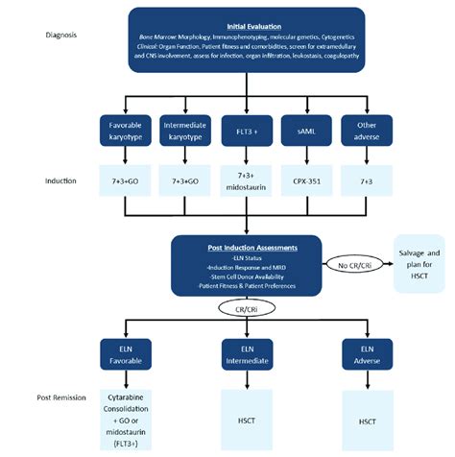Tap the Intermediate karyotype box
(x=184, y=132)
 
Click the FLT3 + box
(x=243, y=132)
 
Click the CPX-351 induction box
(x=301, y=181)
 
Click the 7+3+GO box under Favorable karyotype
(x=126, y=181)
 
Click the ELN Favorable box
(x=126, y=352)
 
